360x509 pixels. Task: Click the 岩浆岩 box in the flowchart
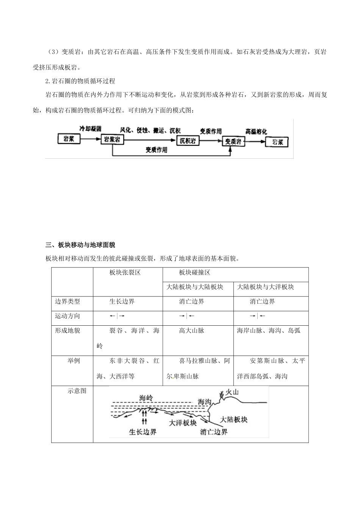tap(113, 139)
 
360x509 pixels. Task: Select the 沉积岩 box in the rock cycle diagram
tap(188, 141)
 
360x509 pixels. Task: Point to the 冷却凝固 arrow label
tap(90, 129)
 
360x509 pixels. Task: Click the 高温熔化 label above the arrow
tap(256, 131)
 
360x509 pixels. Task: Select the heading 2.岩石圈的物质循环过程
tap(80, 81)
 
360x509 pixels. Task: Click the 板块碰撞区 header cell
tap(195, 273)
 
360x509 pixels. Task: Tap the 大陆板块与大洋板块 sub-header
tap(266, 287)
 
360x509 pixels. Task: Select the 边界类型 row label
tap(67, 301)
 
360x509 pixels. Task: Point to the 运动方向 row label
tap(67, 316)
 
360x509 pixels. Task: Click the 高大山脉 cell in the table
tap(192, 330)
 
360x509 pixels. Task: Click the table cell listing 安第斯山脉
tap(271, 368)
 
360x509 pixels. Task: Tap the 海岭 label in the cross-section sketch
tap(146, 398)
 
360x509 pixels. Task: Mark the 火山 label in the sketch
tap(232, 392)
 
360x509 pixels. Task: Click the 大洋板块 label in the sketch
tap(183, 423)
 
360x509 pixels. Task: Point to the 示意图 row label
tap(77, 391)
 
